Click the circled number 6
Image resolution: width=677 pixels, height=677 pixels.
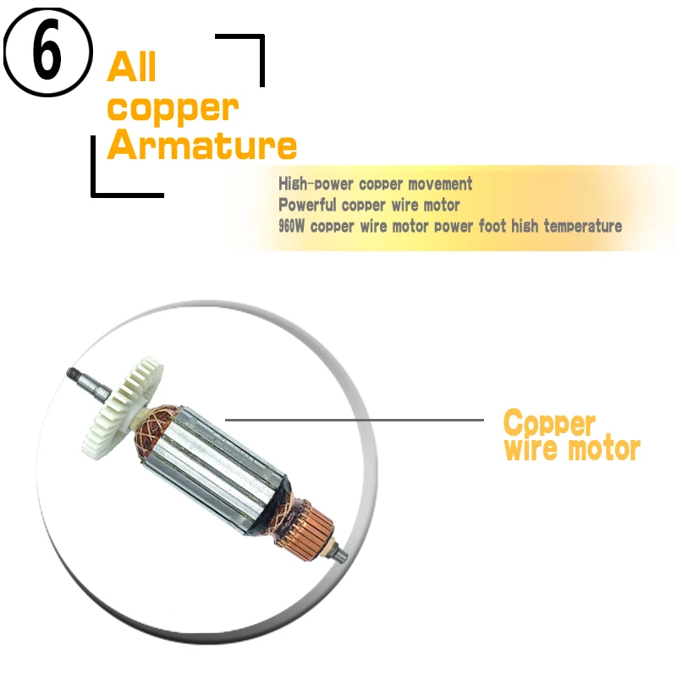47,52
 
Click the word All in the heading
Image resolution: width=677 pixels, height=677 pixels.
131,67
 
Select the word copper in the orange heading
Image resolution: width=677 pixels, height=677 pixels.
173,109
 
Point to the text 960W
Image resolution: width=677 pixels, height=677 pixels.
291,226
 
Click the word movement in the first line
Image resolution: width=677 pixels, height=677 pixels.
440,184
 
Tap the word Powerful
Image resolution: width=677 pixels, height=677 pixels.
307,205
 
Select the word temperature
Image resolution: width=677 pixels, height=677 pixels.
582,226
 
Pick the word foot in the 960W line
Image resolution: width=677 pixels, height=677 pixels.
493,225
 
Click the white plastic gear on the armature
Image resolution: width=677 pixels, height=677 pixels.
123,408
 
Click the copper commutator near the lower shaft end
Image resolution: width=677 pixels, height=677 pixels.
310,526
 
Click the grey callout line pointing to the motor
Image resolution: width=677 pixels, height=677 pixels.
354,420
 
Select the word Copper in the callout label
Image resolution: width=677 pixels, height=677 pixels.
549,424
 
